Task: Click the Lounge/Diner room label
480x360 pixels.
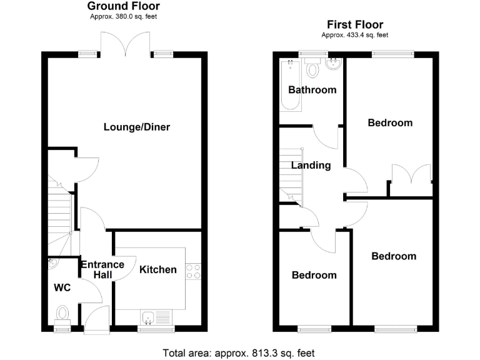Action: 136,127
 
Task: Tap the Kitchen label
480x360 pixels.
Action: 157,269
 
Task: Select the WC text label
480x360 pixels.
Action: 62,287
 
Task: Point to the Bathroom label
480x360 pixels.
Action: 312,90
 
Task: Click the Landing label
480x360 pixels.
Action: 311,166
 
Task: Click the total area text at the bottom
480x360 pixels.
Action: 238,352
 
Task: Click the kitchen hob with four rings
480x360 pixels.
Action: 193,271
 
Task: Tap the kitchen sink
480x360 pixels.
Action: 149,318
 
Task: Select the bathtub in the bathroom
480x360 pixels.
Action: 291,84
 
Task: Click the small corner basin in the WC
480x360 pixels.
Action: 52,264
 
